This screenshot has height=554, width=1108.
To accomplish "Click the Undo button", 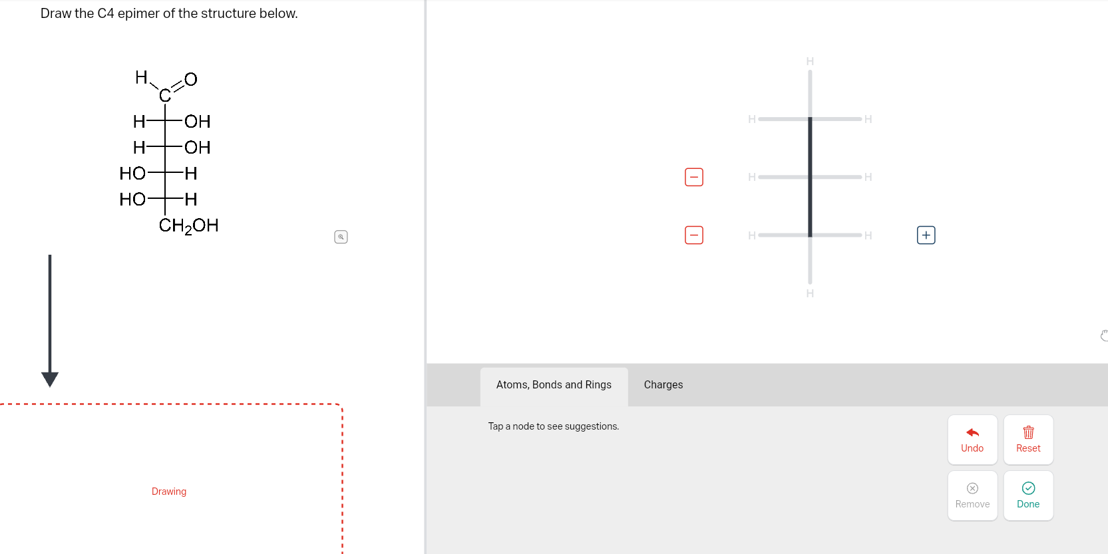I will (x=972, y=440).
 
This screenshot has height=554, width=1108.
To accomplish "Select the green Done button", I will (x=1027, y=495).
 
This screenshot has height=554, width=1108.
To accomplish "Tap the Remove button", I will (x=972, y=495).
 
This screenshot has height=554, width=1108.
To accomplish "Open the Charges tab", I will (x=663, y=384).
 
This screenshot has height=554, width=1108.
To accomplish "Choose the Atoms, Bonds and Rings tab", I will (x=554, y=384).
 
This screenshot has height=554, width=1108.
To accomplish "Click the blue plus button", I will (x=926, y=235).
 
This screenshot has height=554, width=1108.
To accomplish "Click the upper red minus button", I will (x=693, y=177).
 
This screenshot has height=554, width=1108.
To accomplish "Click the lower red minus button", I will (x=693, y=235).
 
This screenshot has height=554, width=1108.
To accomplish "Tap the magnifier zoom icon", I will (x=341, y=237).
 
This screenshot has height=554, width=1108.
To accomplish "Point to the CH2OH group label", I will (x=188, y=225).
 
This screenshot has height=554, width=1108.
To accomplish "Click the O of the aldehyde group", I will (x=191, y=79).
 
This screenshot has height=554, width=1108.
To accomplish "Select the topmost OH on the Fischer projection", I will (x=198, y=121).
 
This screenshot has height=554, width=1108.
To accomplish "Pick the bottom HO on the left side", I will (x=132, y=199).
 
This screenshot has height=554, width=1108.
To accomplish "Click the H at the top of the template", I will (x=810, y=61).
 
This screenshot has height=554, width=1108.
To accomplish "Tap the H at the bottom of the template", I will (x=810, y=293).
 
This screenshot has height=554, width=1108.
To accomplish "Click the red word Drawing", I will (x=169, y=491).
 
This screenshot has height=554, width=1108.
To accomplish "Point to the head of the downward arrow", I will (x=50, y=379).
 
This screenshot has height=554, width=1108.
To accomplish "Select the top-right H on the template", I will (x=868, y=119).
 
